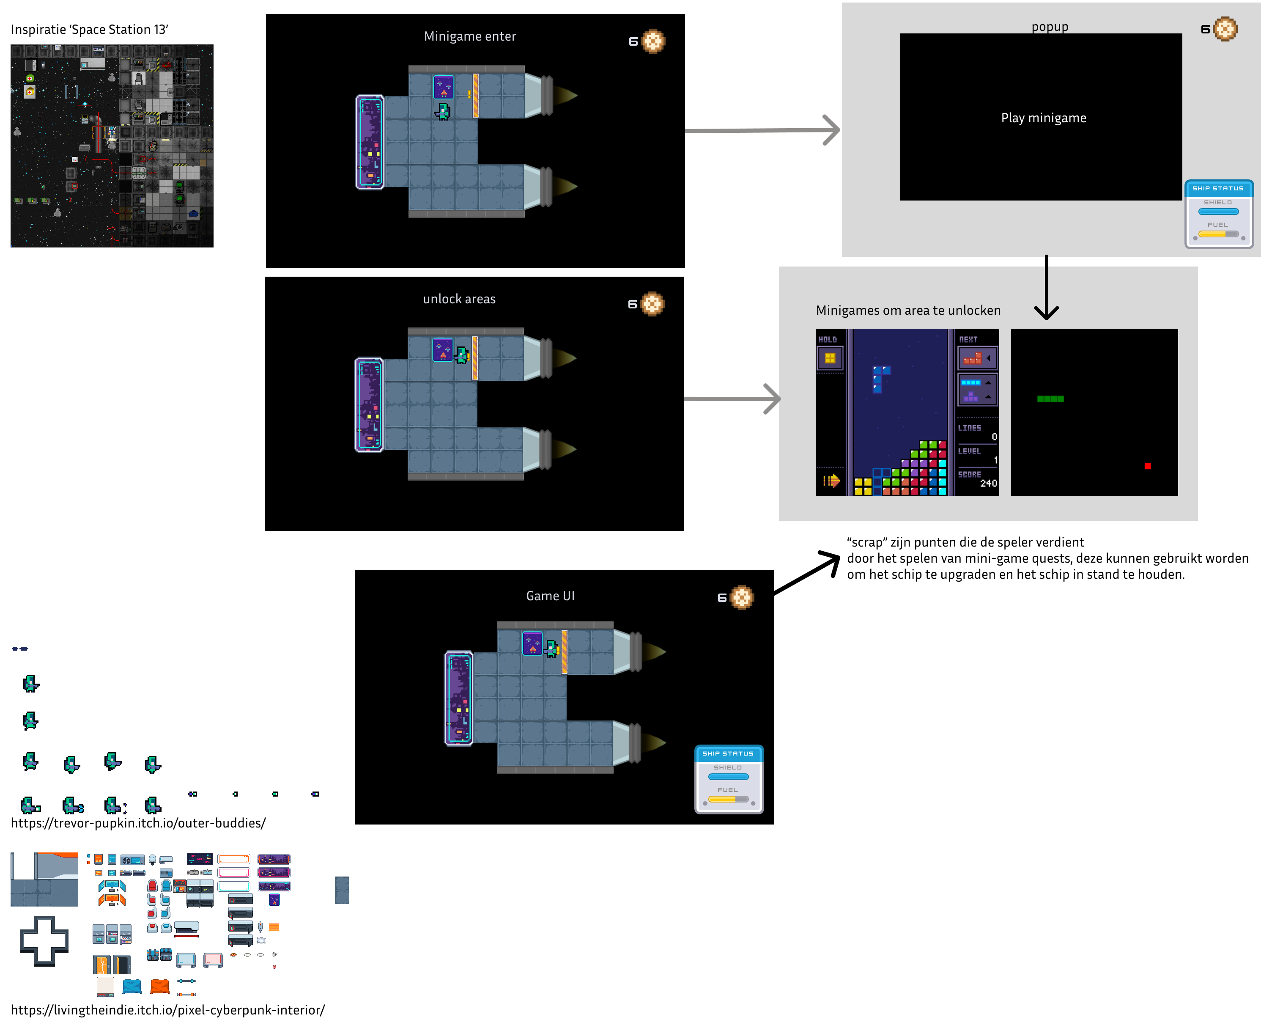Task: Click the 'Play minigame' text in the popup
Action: (x=1043, y=118)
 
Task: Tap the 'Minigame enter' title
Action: (x=469, y=36)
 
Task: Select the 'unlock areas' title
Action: (x=459, y=299)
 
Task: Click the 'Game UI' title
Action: (x=550, y=596)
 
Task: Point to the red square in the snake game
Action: (x=1147, y=466)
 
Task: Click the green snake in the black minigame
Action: (x=1050, y=399)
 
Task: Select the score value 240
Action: (x=988, y=483)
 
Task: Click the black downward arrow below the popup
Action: (x=1046, y=290)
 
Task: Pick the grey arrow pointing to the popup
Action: (x=764, y=130)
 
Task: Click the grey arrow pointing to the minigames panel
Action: (x=734, y=399)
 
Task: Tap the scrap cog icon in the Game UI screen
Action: (x=742, y=597)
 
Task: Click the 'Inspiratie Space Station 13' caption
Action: (x=89, y=30)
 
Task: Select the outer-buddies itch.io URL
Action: (x=138, y=823)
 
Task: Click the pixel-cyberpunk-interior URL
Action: (x=167, y=1010)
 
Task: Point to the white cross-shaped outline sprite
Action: (x=44, y=940)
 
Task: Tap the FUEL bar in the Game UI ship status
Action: (x=728, y=800)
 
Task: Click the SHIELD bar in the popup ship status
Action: (x=1218, y=212)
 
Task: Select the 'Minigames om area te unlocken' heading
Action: (x=908, y=310)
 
